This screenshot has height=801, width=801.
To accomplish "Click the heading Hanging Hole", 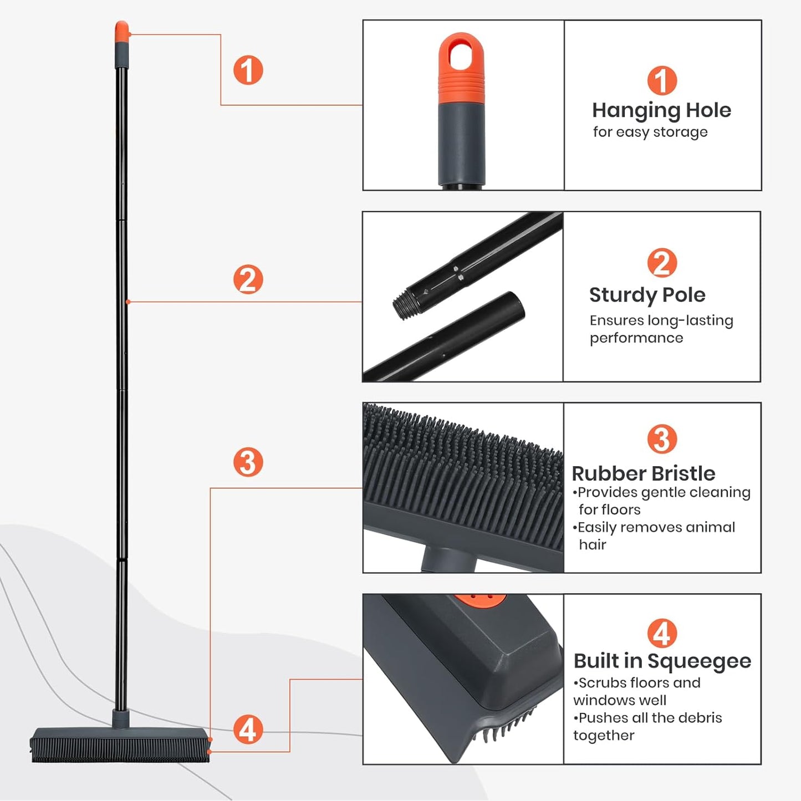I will tap(661, 110).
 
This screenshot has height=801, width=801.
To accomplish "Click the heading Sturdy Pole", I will tap(647, 295).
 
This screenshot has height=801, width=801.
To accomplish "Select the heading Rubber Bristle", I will tap(643, 474).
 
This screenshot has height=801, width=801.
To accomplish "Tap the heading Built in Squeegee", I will tap(662, 661).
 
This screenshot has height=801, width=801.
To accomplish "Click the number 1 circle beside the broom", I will tap(248, 70).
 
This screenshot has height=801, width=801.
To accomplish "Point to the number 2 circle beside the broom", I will tap(248, 279).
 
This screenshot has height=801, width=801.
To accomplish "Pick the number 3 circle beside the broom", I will tap(248, 462).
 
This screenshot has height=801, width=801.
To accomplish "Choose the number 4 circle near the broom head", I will tap(248, 729).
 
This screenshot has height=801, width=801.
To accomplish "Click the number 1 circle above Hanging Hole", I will tap(662, 81).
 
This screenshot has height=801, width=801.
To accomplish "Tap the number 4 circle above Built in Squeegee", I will tap(662, 634).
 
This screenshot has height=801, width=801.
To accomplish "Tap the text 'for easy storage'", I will tap(650, 132).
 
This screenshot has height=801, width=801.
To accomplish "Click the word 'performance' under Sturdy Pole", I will tap(636, 338).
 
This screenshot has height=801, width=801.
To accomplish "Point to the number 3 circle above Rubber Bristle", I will tap(662, 440).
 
